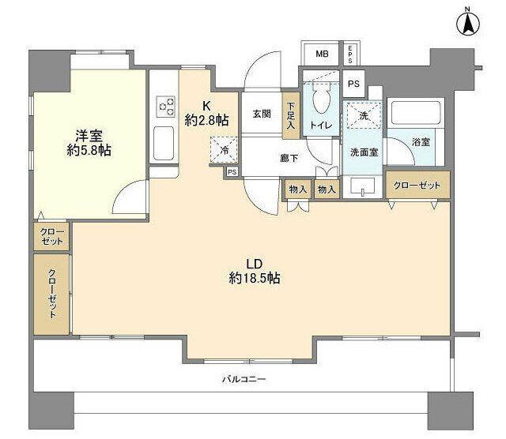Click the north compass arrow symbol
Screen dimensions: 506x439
468,24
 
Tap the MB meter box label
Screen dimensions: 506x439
322,54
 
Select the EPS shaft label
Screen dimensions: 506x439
350,54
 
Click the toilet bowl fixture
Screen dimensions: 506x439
322,96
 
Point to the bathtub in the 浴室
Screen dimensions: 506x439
416,112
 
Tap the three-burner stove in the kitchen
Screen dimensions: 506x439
166,107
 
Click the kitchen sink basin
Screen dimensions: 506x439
164,144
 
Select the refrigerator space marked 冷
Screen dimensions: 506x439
224,150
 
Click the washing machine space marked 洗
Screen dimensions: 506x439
364,115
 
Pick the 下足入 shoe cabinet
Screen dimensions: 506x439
291,116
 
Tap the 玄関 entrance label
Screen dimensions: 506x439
262,114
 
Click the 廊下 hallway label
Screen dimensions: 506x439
289,158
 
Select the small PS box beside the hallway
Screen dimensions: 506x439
232,172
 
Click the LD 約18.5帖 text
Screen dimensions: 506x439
255,272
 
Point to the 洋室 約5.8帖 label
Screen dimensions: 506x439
89,143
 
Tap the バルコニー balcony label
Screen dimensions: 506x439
244,379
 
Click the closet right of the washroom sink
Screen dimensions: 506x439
417,185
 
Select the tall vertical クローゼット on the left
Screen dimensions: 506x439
51,295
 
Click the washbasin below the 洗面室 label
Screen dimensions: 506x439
363,187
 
